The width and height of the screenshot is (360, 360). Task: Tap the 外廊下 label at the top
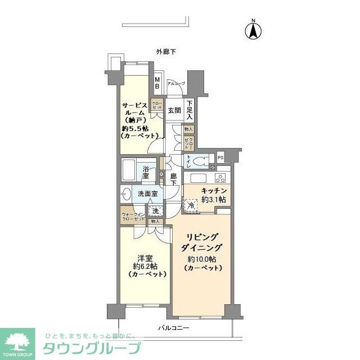pos(166,52)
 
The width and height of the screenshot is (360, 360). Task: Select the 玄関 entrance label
pos(174,110)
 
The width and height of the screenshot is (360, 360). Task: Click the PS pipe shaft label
pos(220,157)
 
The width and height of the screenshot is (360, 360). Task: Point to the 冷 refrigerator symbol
pos(191,206)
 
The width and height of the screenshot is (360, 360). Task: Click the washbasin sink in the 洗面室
pos(125,194)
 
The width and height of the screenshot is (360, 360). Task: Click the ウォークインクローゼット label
pos(133,216)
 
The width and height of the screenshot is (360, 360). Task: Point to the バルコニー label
pos(173,327)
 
